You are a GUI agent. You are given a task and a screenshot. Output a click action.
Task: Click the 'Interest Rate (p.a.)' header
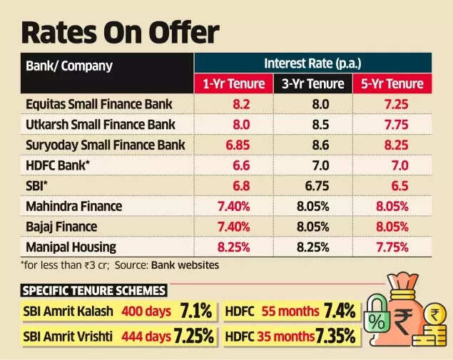point(313,63)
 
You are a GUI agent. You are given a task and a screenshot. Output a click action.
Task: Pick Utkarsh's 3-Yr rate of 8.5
point(315,125)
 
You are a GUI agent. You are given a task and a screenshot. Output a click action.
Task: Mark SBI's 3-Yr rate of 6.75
point(315,186)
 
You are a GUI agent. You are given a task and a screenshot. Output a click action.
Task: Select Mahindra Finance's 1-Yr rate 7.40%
point(235,207)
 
